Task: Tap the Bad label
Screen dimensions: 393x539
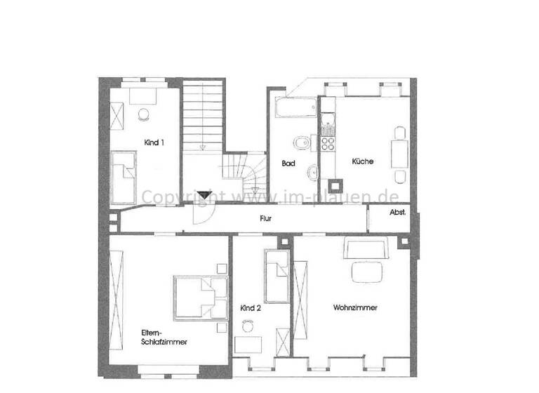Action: coord(288,164)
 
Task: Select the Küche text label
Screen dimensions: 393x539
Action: coord(363,161)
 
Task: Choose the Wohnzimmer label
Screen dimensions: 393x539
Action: coord(355,308)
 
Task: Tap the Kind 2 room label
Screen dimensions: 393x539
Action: coord(251,308)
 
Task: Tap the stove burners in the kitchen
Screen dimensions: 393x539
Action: coord(327,143)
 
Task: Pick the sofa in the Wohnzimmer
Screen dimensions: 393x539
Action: coord(366,248)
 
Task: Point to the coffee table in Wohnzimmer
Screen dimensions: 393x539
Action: coord(368,271)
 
